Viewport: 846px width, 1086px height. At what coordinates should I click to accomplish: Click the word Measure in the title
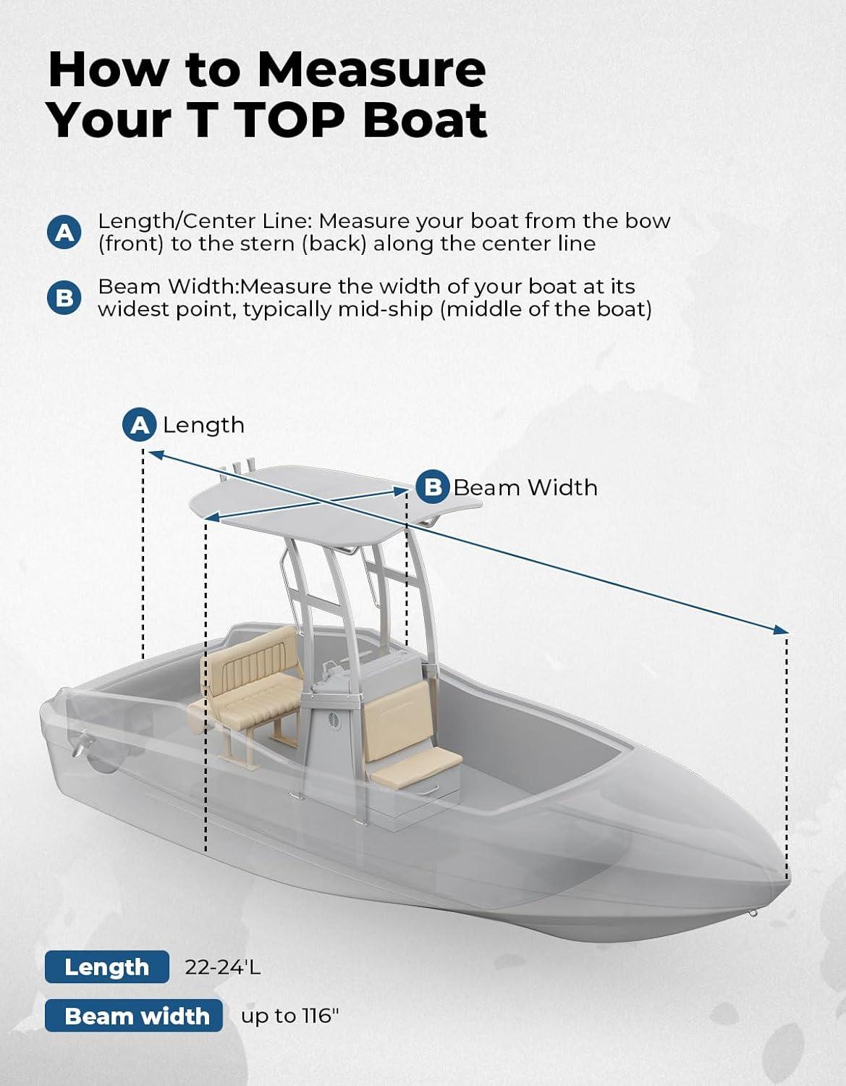(x=371, y=70)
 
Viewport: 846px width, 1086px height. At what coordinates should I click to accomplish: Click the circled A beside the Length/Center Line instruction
(x=64, y=232)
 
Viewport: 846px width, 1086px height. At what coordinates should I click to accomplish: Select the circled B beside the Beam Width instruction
(x=64, y=298)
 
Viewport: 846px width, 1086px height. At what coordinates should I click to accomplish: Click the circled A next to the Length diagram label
(x=140, y=425)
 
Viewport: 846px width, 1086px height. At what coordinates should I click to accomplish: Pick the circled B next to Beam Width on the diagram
(x=433, y=487)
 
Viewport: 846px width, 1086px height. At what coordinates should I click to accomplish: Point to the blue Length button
(x=107, y=967)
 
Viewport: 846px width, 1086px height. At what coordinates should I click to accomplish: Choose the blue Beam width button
(x=134, y=1016)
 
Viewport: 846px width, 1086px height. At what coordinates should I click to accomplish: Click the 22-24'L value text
(x=223, y=967)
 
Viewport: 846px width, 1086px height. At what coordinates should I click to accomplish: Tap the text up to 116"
(x=290, y=1016)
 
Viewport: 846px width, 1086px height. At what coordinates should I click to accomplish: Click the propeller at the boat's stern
(x=81, y=744)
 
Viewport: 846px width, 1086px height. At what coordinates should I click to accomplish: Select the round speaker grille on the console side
(x=334, y=720)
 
